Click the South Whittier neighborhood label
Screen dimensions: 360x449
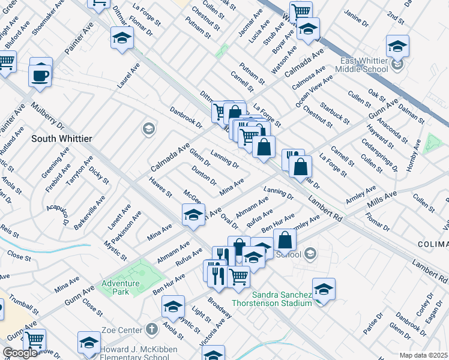tap(62, 139)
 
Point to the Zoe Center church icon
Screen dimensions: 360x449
tap(151, 329)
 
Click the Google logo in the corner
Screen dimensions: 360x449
tap(20, 353)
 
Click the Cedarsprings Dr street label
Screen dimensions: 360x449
tap(379, 155)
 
